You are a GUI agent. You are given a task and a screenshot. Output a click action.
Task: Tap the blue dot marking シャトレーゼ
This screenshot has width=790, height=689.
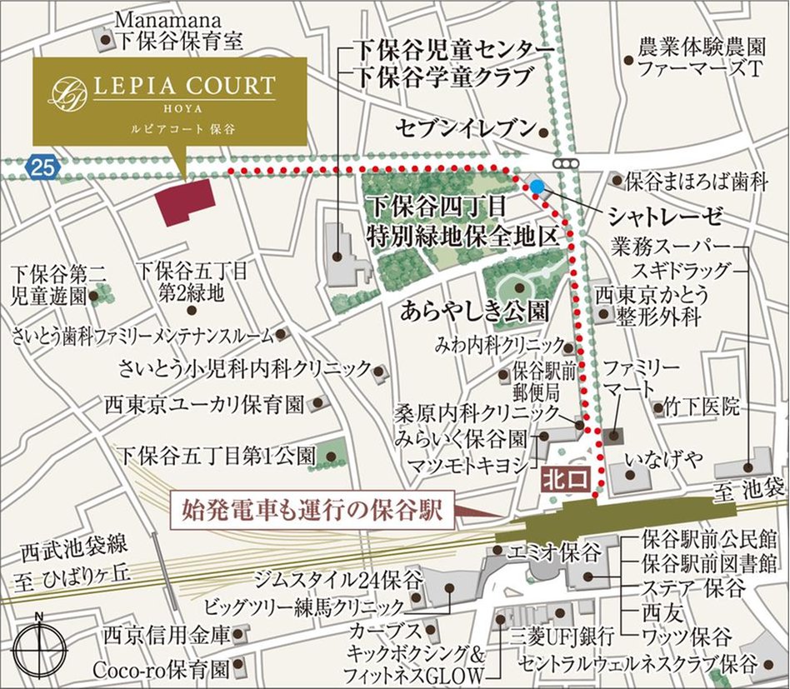click(537, 187)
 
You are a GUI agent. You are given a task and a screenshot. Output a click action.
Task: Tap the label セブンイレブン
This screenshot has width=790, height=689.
click(465, 127)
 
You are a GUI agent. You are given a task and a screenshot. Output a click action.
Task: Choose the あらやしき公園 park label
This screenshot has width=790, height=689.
click(474, 312)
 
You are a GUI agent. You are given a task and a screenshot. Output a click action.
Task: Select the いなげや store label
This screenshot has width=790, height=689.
click(663, 459)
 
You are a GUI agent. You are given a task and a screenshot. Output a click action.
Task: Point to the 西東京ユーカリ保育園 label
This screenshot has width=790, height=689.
click(204, 405)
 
